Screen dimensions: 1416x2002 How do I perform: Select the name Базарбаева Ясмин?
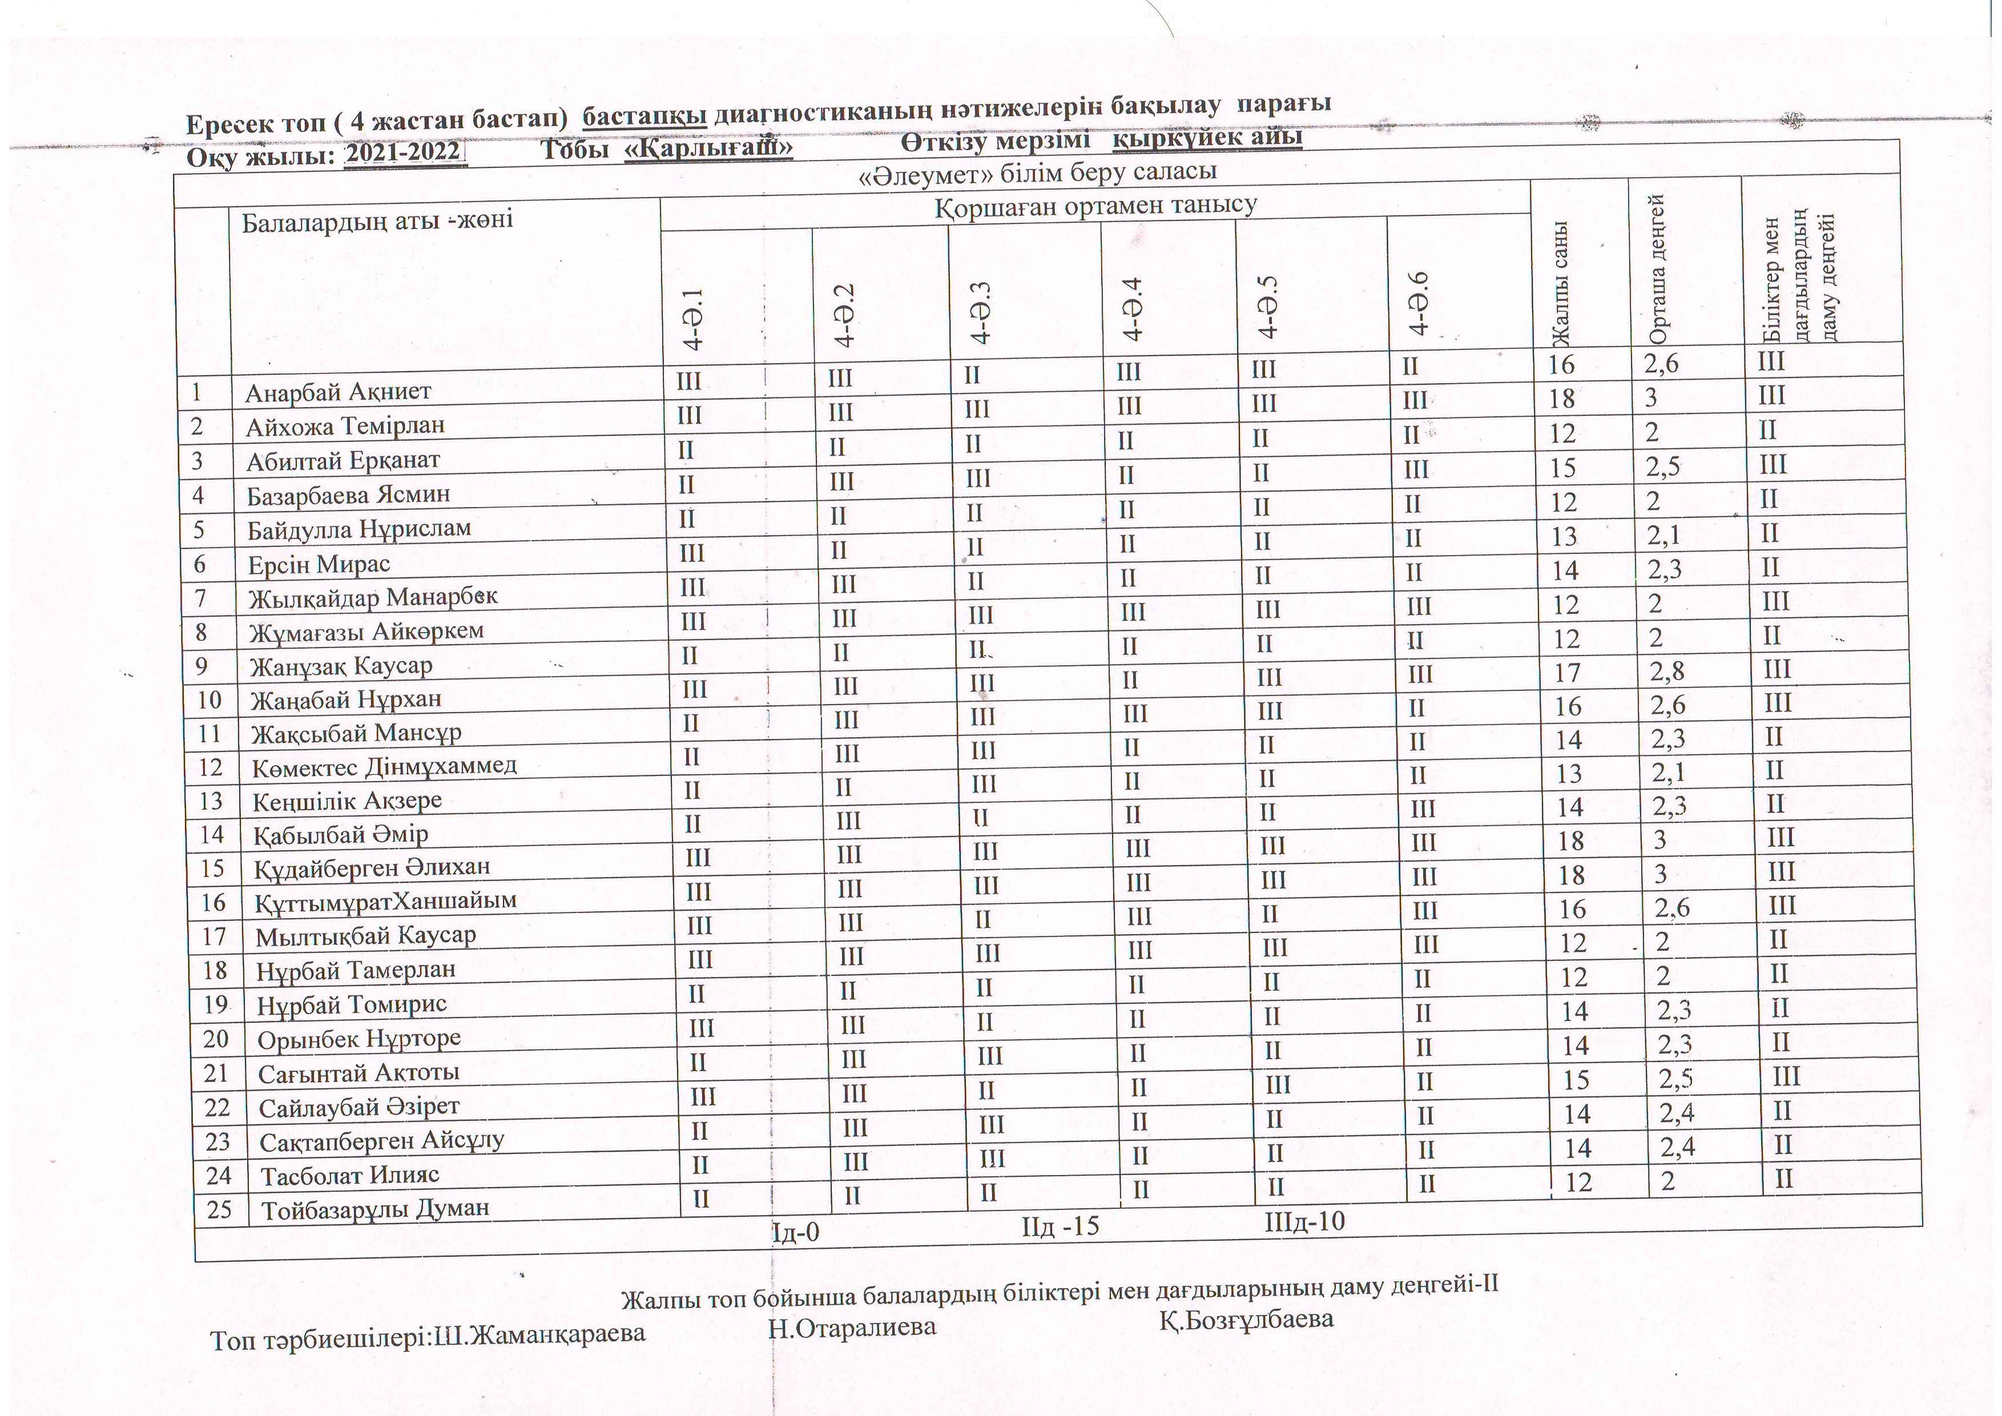coord(348,495)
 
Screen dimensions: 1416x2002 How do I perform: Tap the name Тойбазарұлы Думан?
coord(375,1209)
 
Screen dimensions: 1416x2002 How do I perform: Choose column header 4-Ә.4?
coord(1132,309)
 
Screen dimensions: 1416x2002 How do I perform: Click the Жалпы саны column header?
coord(1561,283)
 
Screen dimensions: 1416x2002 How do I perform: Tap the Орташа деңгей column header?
coord(1658,270)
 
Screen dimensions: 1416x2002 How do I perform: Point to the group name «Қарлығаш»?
coord(708,149)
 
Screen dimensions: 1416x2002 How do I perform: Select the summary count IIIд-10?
coord(1304,1221)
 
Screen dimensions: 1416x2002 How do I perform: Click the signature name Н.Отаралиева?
coord(852,1328)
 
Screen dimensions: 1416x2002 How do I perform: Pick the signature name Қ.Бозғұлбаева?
coord(1246,1319)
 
